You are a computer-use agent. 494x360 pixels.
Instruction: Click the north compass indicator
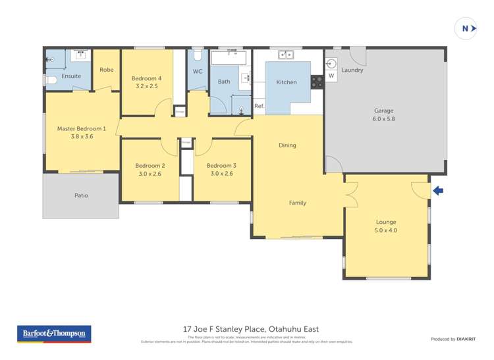[466, 28]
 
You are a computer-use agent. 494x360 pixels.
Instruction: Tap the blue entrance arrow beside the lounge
[438, 191]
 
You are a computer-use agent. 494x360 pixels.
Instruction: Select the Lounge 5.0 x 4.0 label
[386, 226]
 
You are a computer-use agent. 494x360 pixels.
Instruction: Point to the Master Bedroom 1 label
[81, 132]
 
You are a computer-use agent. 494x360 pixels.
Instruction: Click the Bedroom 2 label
[150, 169]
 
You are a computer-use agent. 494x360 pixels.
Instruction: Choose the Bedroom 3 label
[221, 169]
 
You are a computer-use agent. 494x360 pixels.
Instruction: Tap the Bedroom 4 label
[148, 82]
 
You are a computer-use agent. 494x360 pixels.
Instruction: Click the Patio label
[81, 195]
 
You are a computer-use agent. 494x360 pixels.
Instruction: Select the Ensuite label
[71, 76]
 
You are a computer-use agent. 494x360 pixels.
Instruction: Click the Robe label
[106, 70]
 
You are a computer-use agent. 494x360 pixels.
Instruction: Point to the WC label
[198, 71]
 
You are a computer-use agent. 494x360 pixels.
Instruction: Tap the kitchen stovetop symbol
[317, 82]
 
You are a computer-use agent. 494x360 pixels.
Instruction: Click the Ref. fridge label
[259, 106]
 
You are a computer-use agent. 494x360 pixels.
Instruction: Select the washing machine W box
[331, 76]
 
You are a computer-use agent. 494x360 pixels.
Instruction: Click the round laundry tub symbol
[331, 64]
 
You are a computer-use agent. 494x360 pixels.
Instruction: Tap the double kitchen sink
[286, 55]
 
